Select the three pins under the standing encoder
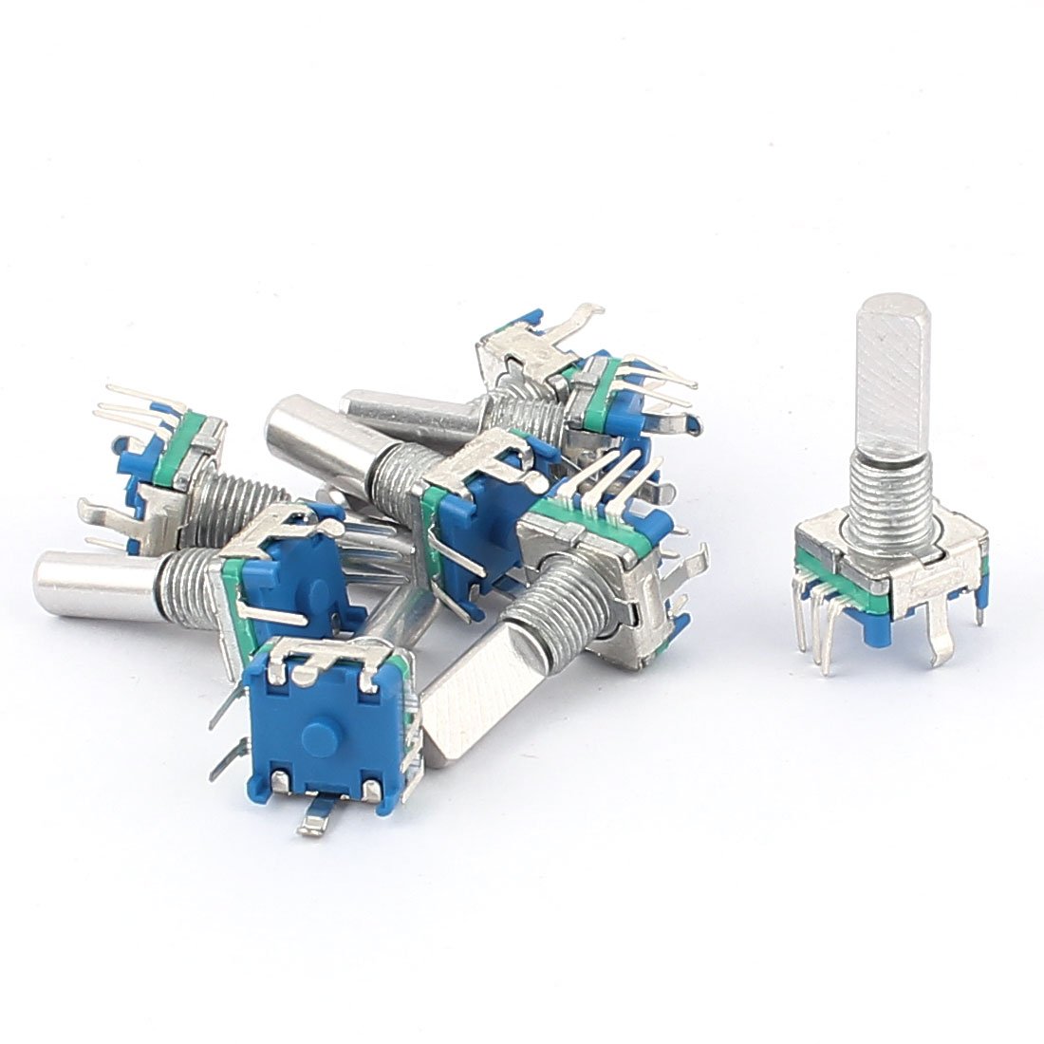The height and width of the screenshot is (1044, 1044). tap(822, 631)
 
